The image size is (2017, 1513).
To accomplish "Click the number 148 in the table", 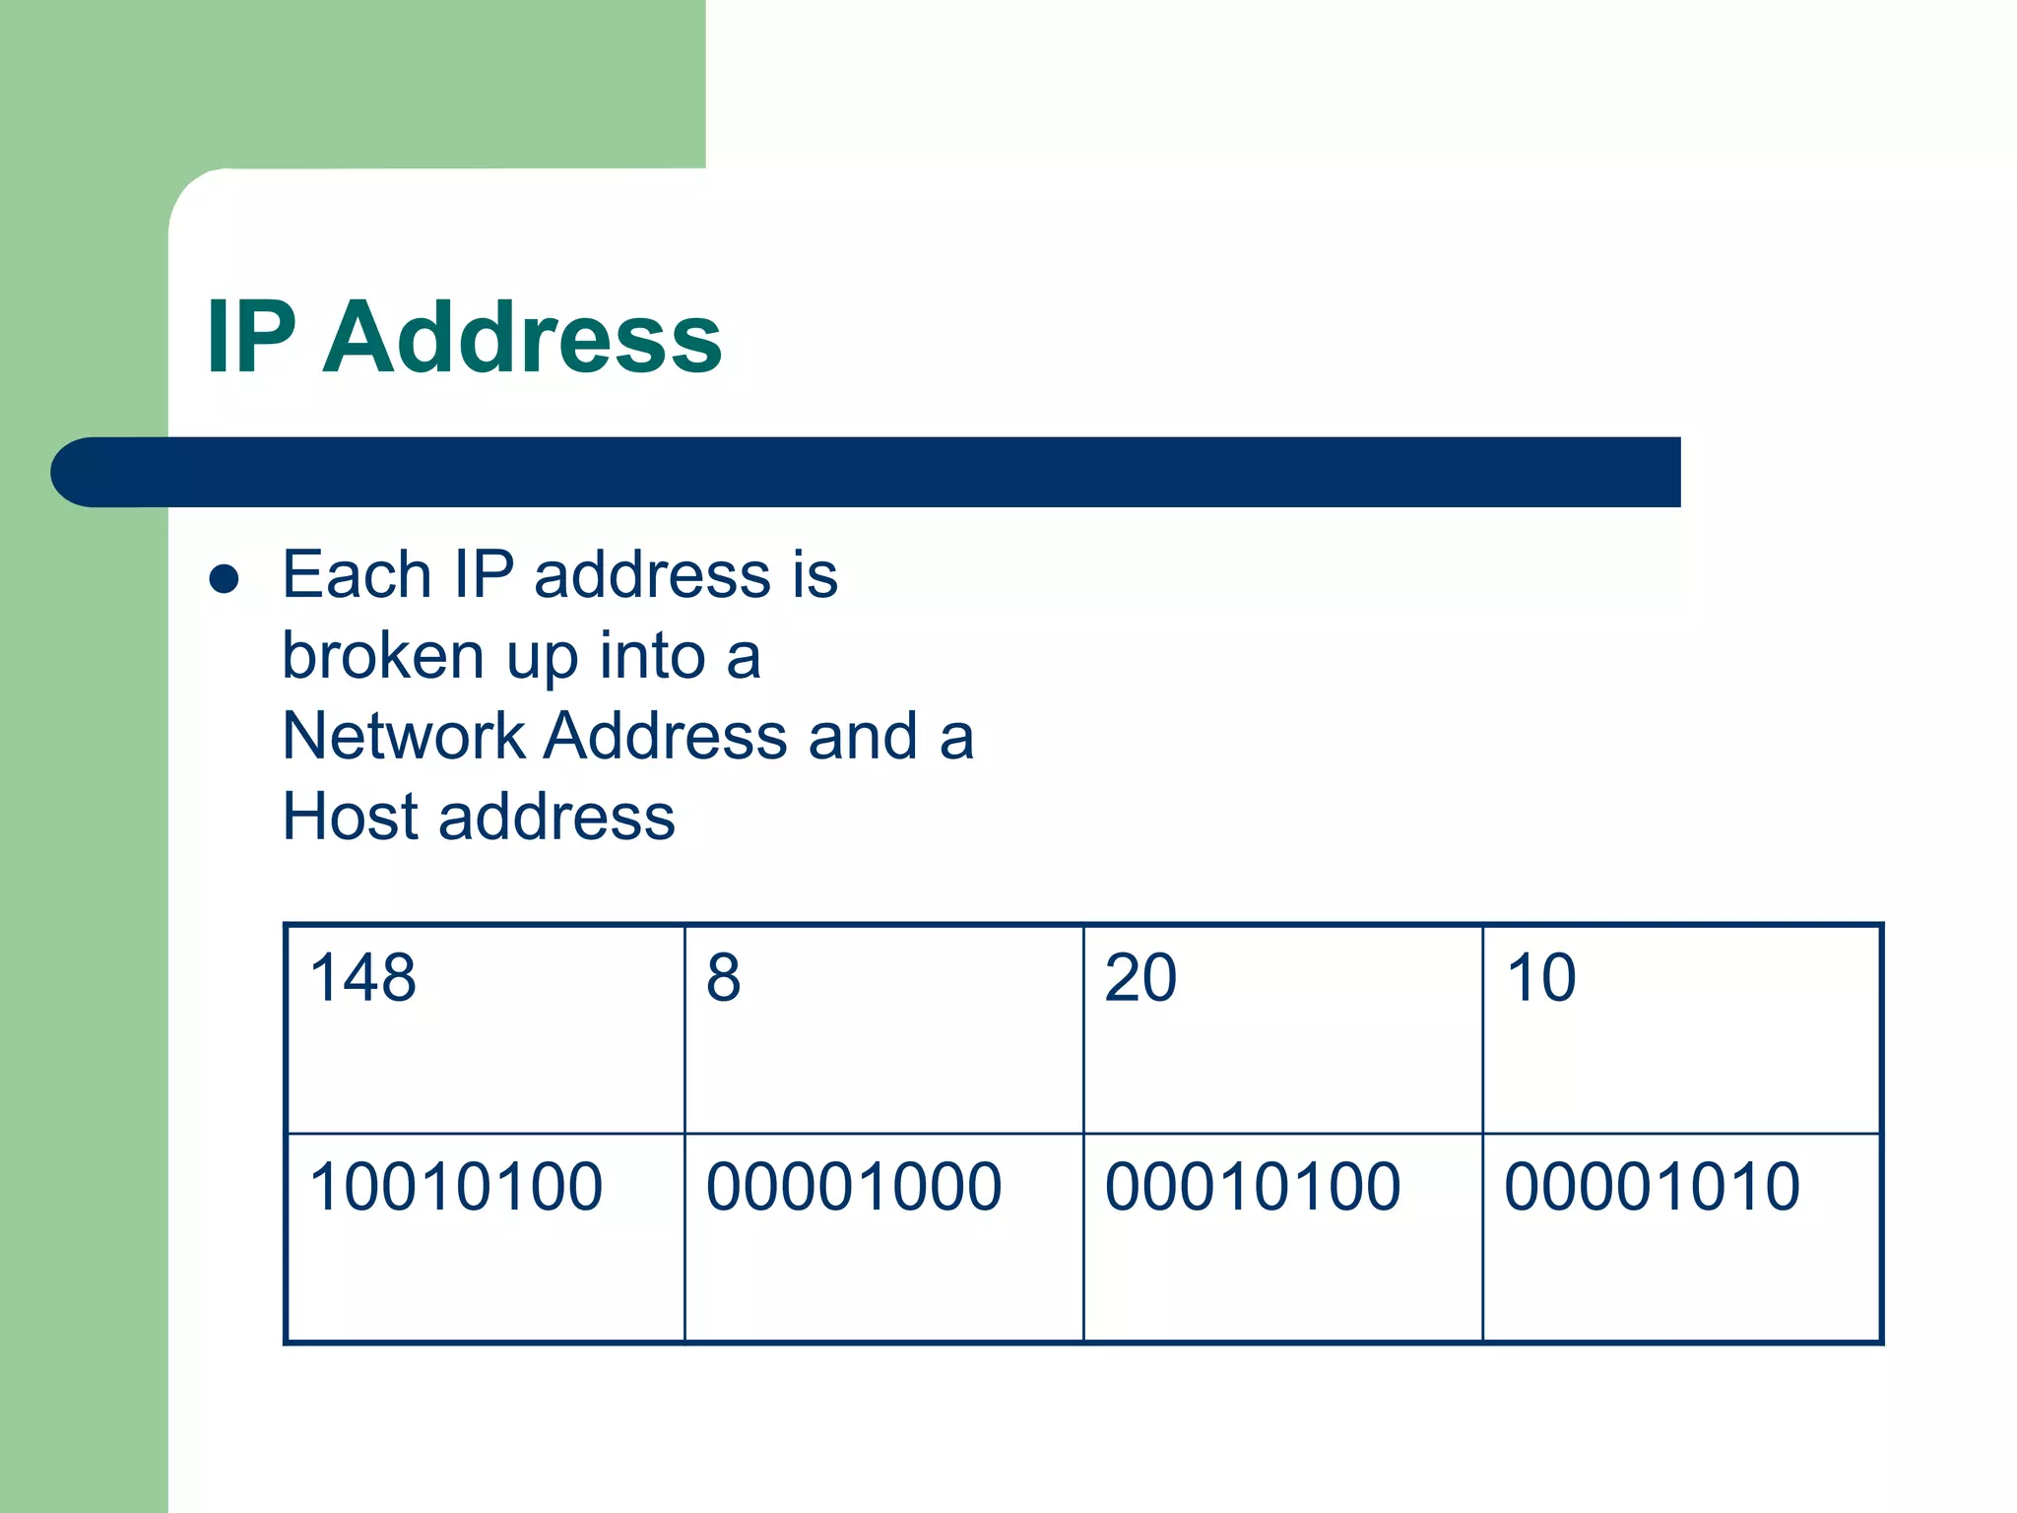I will point(362,978).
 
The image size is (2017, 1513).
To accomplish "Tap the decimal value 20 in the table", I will point(1140,978).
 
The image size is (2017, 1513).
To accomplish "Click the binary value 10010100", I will point(455,1186).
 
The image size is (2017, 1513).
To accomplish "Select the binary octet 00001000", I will point(854,1186).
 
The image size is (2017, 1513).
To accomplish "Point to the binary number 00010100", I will point(1253,1186).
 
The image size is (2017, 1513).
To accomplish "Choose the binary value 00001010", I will point(1652,1186).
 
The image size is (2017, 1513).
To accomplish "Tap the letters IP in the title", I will point(251,337).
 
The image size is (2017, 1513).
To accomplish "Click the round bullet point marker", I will point(225,578).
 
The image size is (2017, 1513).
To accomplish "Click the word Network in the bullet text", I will point(404,736).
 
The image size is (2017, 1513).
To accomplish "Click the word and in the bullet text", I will point(863,736).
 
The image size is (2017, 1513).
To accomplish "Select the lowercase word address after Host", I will point(556,817).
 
